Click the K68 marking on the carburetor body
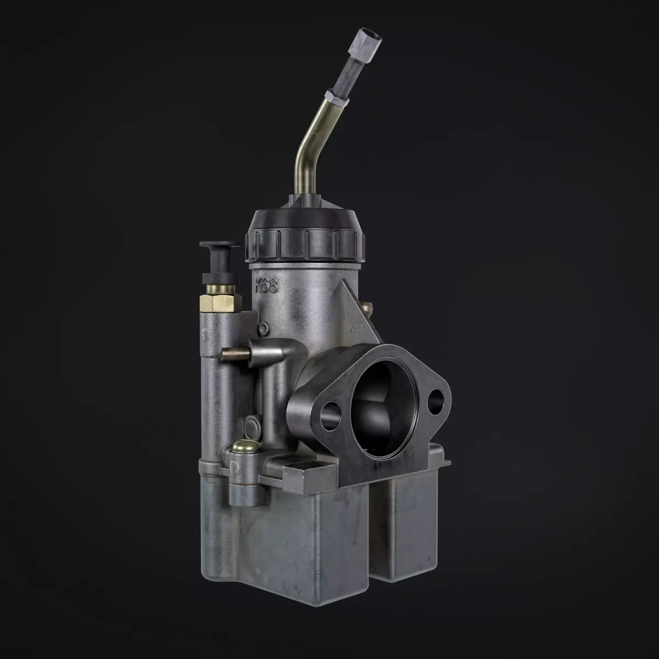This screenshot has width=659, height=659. pos(267,286)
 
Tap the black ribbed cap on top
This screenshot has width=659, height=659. pos(305,233)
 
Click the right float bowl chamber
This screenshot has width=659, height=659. pos(406,527)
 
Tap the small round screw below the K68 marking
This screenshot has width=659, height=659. pos(264,328)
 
